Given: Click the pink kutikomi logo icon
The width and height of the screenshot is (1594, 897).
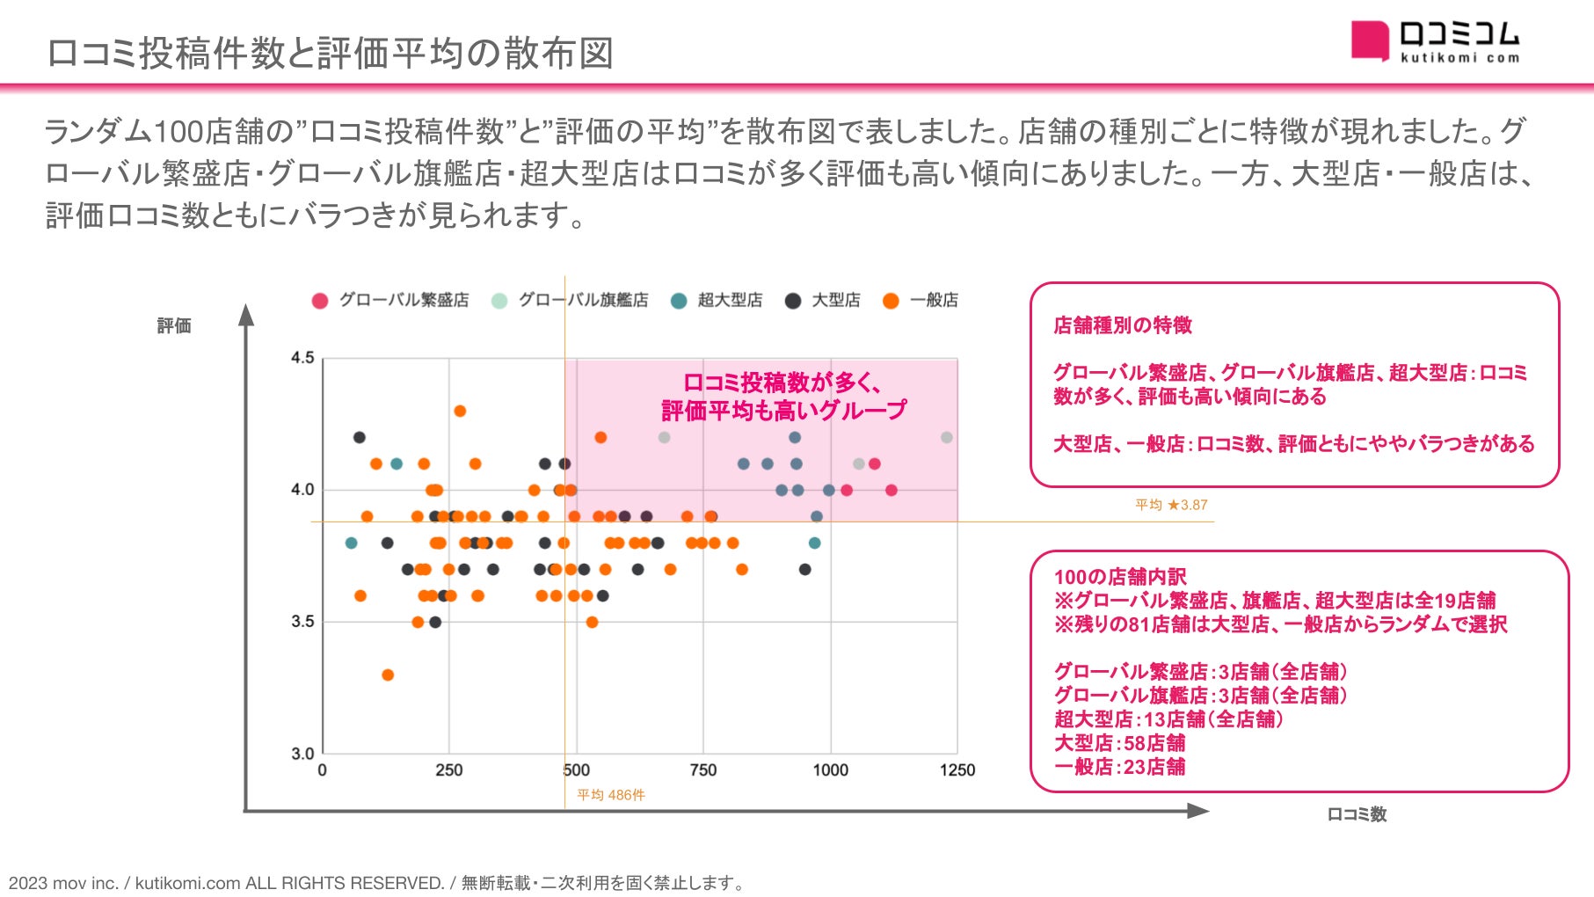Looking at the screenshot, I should (1369, 40).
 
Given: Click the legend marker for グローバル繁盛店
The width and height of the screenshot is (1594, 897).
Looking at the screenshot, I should (320, 301).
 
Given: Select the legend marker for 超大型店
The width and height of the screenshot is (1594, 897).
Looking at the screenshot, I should (678, 301).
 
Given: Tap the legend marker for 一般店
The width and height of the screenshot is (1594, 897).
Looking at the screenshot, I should (891, 301).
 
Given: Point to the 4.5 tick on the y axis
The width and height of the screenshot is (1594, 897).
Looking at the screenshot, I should (302, 358).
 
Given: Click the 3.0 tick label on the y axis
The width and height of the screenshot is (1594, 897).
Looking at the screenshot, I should (302, 754).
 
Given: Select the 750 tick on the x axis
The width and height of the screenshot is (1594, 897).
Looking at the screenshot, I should (702, 770).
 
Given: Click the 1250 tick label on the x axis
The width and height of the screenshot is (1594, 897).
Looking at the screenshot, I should (957, 770).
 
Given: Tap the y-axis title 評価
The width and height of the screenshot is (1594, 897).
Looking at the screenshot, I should (174, 326).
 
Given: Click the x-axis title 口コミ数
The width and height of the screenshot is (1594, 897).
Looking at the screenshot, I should (1356, 814).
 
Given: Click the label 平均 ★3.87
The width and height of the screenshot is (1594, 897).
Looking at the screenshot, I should (1171, 505).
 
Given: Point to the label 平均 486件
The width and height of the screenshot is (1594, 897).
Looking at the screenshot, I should (610, 795).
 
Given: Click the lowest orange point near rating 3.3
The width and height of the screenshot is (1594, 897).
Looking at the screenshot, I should (388, 675).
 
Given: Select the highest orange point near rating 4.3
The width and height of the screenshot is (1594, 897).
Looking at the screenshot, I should (459, 411).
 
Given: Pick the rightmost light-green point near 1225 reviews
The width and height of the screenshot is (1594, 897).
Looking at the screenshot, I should (946, 437).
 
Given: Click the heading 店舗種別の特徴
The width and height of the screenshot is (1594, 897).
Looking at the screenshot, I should (1123, 325).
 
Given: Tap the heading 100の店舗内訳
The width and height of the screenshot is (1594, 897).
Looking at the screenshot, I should (1120, 577).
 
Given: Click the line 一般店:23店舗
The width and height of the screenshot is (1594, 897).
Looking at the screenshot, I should (1119, 767).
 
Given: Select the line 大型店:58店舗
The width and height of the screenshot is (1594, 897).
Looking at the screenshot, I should (1119, 743).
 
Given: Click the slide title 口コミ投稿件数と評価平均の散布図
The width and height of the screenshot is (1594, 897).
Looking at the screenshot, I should (330, 53).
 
